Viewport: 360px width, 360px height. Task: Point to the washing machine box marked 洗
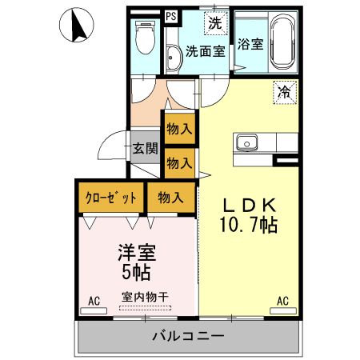(x=214, y=23)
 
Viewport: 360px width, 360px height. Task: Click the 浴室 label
(x=250, y=45)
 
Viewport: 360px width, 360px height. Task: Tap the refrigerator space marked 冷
(x=284, y=93)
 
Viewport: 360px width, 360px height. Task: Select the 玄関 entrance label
(x=145, y=148)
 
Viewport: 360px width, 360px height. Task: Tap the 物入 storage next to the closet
(x=170, y=197)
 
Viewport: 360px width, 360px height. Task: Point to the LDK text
(x=249, y=205)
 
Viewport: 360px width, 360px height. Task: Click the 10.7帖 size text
(x=249, y=226)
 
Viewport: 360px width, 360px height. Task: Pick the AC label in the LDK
(x=282, y=301)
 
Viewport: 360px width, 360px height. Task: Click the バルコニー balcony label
(x=188, y=336)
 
